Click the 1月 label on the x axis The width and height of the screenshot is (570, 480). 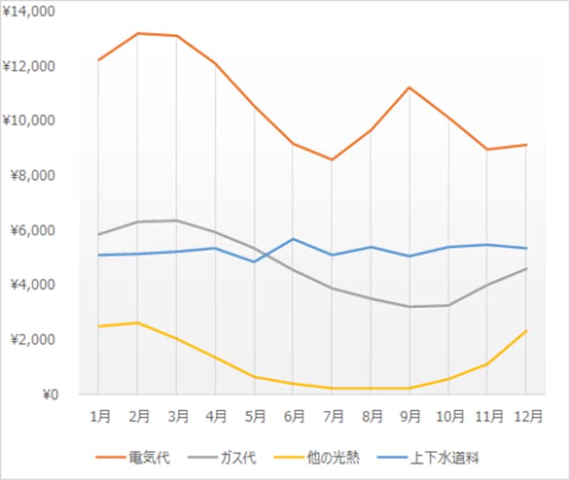pos(98,415)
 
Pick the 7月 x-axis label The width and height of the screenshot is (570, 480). pos(332,415)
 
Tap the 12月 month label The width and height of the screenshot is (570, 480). pos(526,415)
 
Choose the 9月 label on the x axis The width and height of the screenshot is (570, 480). pos(410,415)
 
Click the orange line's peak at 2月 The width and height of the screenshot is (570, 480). pos(138,33)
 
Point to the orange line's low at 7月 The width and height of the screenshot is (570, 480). pos(332,160)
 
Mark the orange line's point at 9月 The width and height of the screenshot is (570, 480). pos(410,87)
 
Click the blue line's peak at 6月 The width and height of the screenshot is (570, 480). pos(293,239)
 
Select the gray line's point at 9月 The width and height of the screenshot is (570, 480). pos(410,307)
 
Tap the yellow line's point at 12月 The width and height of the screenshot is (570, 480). pos(526,331)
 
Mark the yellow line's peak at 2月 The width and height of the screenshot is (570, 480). pos(138,322)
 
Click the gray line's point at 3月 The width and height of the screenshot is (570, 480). pos(177,220)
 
